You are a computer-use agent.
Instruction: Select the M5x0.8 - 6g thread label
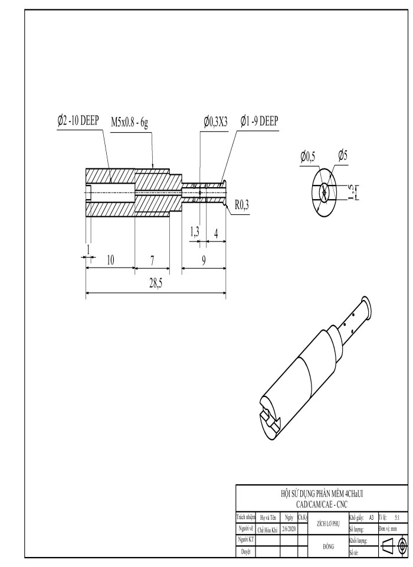[133, 122]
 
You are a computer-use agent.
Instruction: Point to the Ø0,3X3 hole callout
[217, 122]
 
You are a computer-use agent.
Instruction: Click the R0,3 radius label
[242, 206]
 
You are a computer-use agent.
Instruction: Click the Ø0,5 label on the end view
[307, 156]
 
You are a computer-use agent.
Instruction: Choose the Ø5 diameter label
[343, 155]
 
